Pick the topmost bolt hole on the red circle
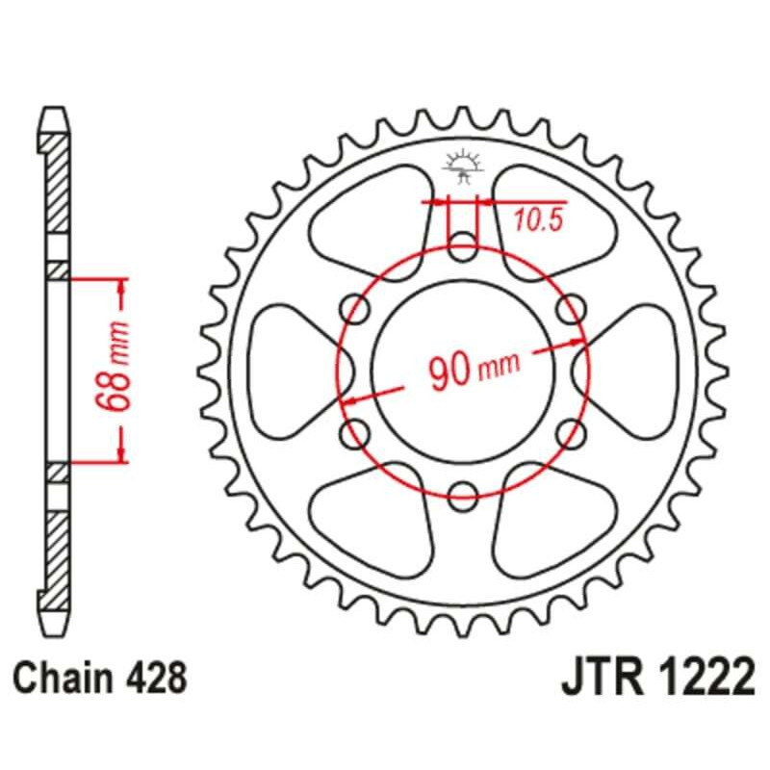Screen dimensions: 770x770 462,244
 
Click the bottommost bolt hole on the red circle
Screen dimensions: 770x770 462,489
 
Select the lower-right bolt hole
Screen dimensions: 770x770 569,428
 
